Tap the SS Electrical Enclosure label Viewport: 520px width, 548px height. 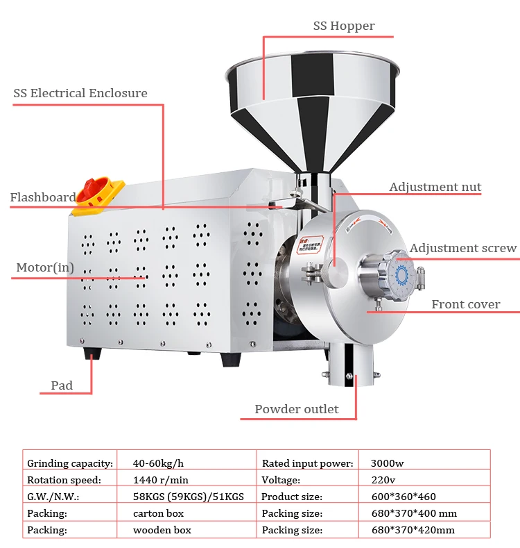pos(80,93)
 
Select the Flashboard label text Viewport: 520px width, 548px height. pos(42,198)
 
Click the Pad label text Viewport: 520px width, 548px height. pos(62,385)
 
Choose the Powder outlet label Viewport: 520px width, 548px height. pos(296,409)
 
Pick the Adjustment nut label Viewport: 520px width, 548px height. pos(435,188)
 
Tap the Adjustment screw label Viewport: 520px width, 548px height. pos(462,249)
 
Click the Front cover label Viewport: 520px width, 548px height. pos(465,304)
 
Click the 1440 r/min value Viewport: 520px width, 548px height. pos(161,480)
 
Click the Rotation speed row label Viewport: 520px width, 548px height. pos(64,480)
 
